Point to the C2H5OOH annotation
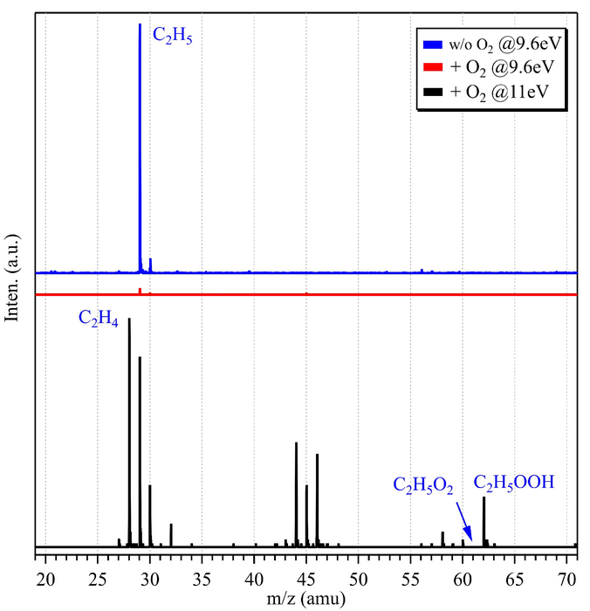coord(514,481)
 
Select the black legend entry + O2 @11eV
coord(493,90)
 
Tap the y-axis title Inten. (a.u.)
coord(12,278)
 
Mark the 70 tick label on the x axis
coord(567,577)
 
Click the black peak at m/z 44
coord(296,493)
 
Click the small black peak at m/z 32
coord(171,535)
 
